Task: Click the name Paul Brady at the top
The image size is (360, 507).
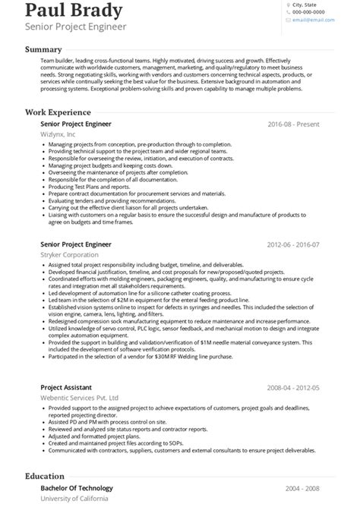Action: point(72,11)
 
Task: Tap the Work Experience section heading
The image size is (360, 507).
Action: point(63,112)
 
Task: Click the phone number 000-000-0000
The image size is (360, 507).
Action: point(309,13)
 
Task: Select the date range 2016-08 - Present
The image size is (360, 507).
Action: point(293,124)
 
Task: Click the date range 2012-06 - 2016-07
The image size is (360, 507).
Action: point(293,245)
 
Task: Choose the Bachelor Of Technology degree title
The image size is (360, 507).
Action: point(76,488)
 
